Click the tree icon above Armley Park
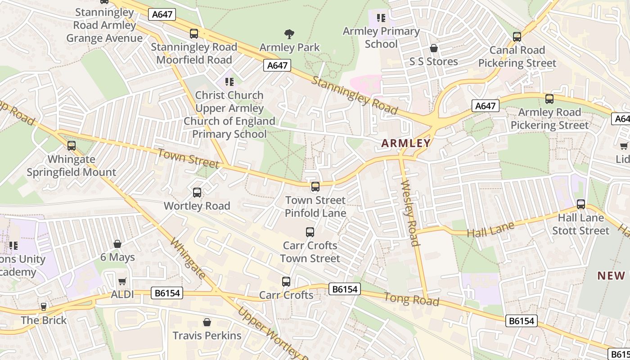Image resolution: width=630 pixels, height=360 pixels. [289, 34]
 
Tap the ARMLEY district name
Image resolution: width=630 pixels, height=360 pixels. [406, 143]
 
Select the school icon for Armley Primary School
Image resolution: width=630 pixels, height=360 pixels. [381, 18]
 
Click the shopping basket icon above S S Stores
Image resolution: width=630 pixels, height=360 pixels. [434, 48]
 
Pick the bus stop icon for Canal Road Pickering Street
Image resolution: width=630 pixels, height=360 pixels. [517, 37]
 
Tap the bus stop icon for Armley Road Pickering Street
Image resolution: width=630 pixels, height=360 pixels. [549, 99]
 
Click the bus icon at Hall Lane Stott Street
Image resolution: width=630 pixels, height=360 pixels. [581, 204]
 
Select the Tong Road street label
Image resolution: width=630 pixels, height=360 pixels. [411, 299]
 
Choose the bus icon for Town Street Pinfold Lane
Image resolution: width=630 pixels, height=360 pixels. [315, 187]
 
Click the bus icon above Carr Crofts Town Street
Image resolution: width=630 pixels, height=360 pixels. [310, 232]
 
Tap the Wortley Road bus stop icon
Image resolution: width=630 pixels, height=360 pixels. [197, 193]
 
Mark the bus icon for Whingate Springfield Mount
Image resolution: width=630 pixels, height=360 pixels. [72, 146]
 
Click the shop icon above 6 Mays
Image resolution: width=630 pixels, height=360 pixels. [117, 244]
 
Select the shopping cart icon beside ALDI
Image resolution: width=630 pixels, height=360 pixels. [122, 282]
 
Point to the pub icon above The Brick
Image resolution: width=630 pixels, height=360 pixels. [44, 307]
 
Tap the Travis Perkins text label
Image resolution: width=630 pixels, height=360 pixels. [207, 335]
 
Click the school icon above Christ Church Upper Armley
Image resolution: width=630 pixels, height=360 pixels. [229, 82]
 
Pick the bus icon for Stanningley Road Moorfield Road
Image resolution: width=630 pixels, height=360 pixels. [194, 34]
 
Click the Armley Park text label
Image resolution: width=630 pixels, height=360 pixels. [289, 47]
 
